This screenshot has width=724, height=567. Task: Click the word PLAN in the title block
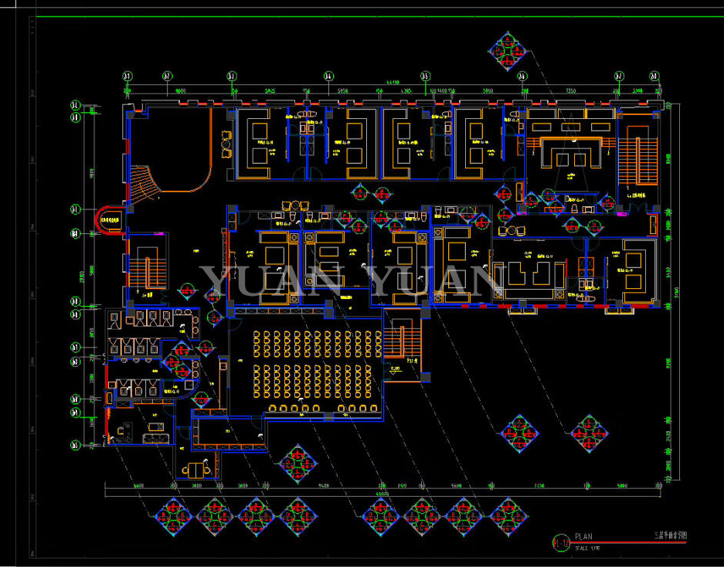pyautogui.click(x=583, y=536)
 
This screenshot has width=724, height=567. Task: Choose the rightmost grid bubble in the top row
pyautogui.click(x=656, y=76)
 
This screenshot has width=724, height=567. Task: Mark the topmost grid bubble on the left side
pyautogui.click(x=75, y=105)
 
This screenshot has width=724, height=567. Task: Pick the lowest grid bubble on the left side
pyautogui.click(x=75, y=444)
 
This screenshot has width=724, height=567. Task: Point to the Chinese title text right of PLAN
pyautogui.click(x=670, y=535)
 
